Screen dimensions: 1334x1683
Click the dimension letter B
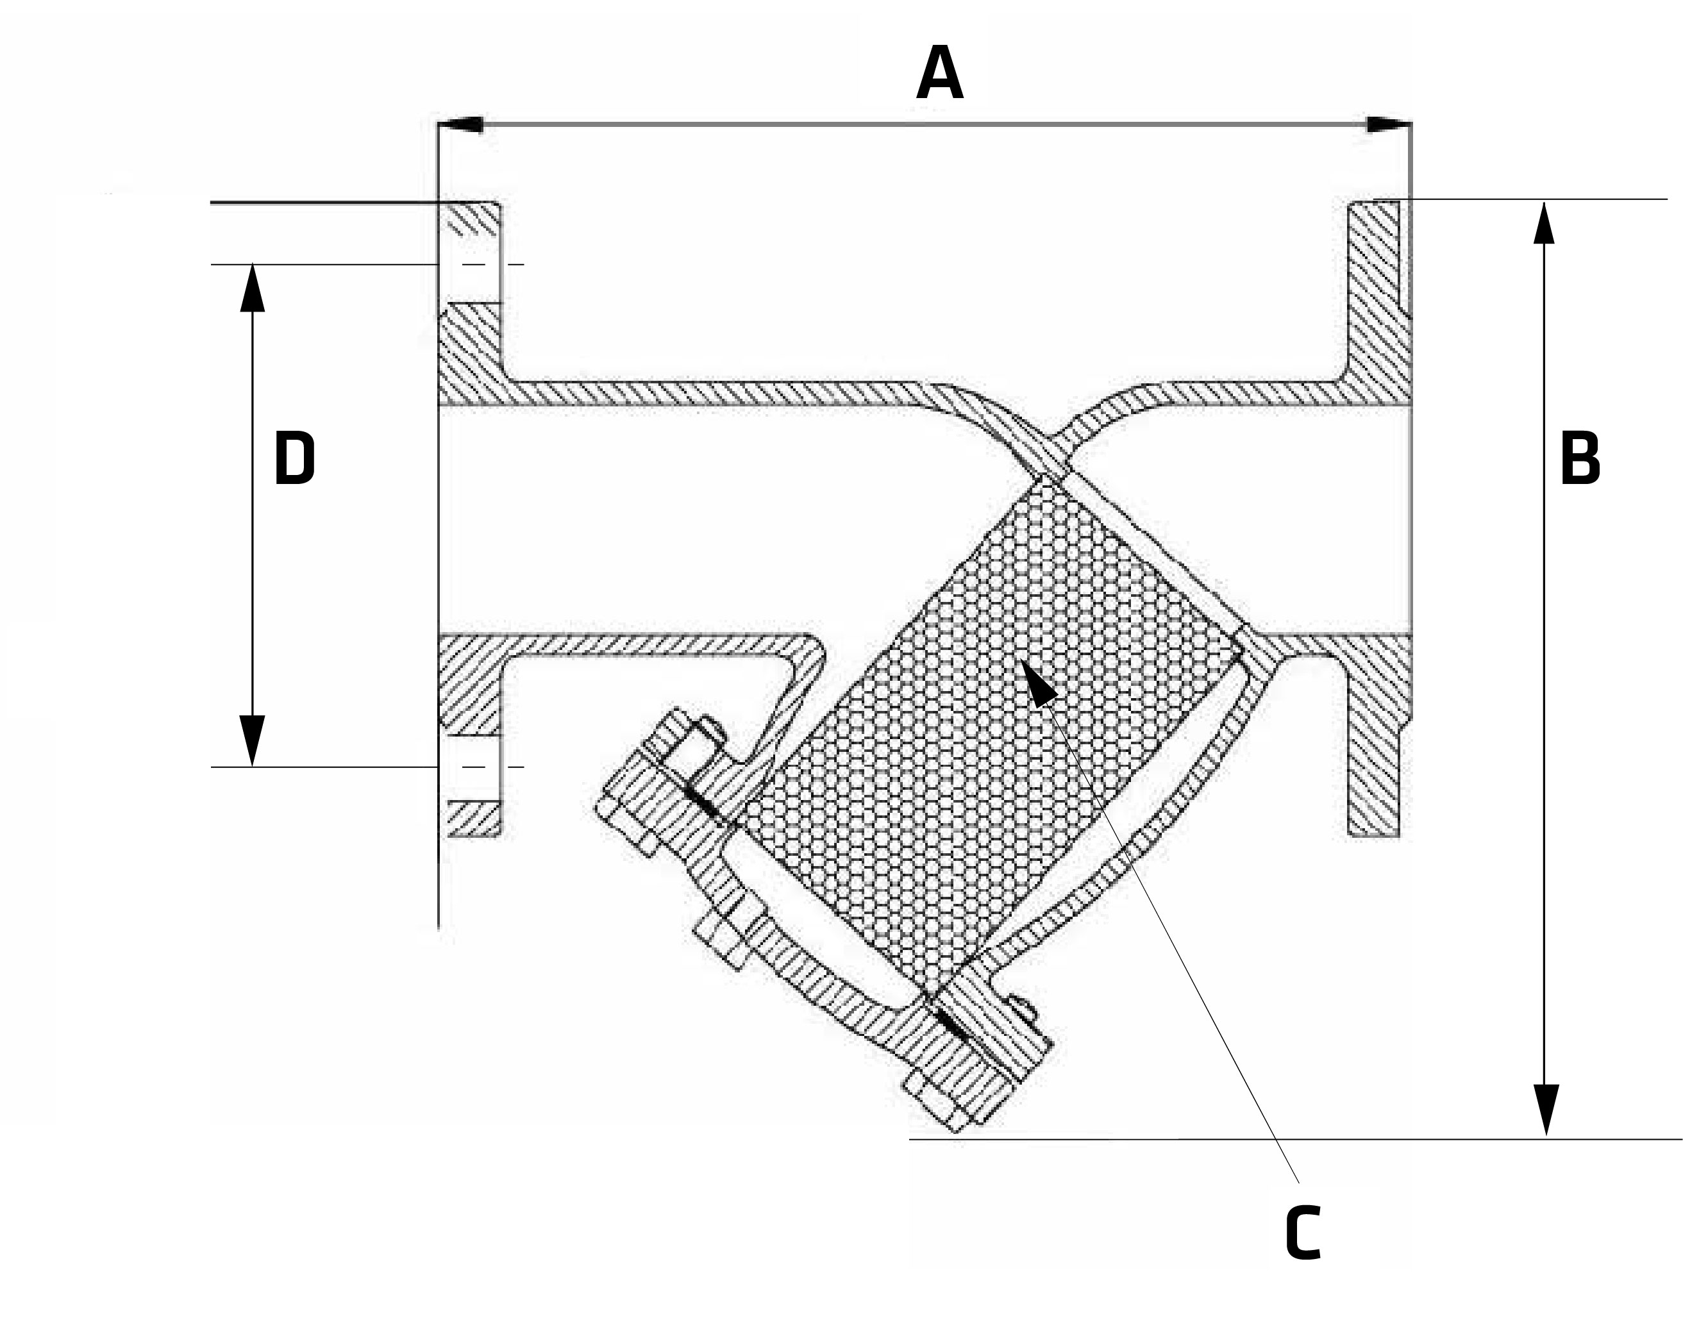click(1579, 458)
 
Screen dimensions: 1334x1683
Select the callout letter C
click(1303, 1233)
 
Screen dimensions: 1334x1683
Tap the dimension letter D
click(294, 459)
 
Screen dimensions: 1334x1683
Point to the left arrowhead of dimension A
click(460, 125)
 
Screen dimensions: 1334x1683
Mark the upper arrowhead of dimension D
click(252, 287)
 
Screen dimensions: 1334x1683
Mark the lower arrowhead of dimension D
click(252, 740)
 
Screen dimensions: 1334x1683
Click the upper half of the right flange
click(1378, 297)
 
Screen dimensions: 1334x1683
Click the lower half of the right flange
click(1378, 749)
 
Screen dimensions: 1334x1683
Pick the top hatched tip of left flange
click(471, 219)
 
